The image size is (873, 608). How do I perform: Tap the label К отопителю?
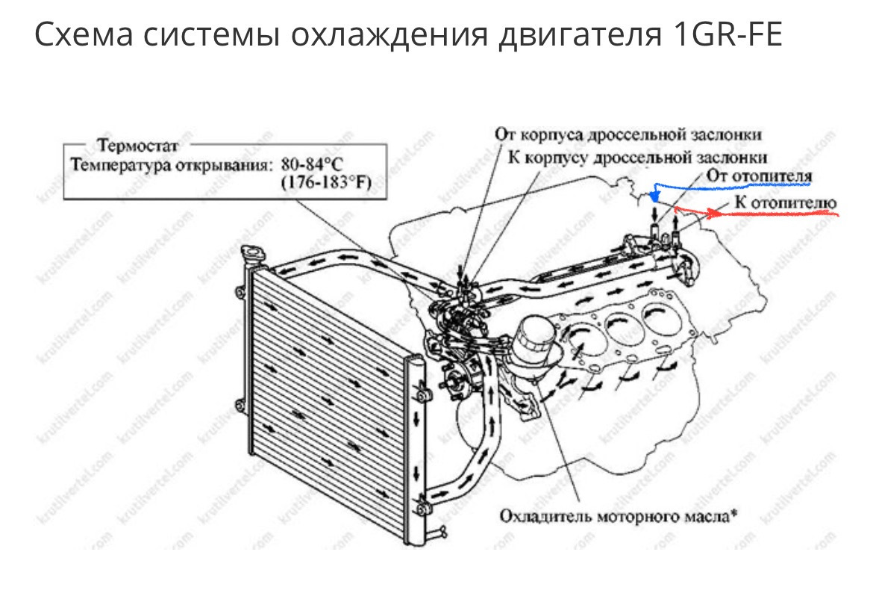(x=784, y=202)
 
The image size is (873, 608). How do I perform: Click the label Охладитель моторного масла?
(x=616, y=515)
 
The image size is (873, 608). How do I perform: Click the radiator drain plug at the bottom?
(x=442, y=532)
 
